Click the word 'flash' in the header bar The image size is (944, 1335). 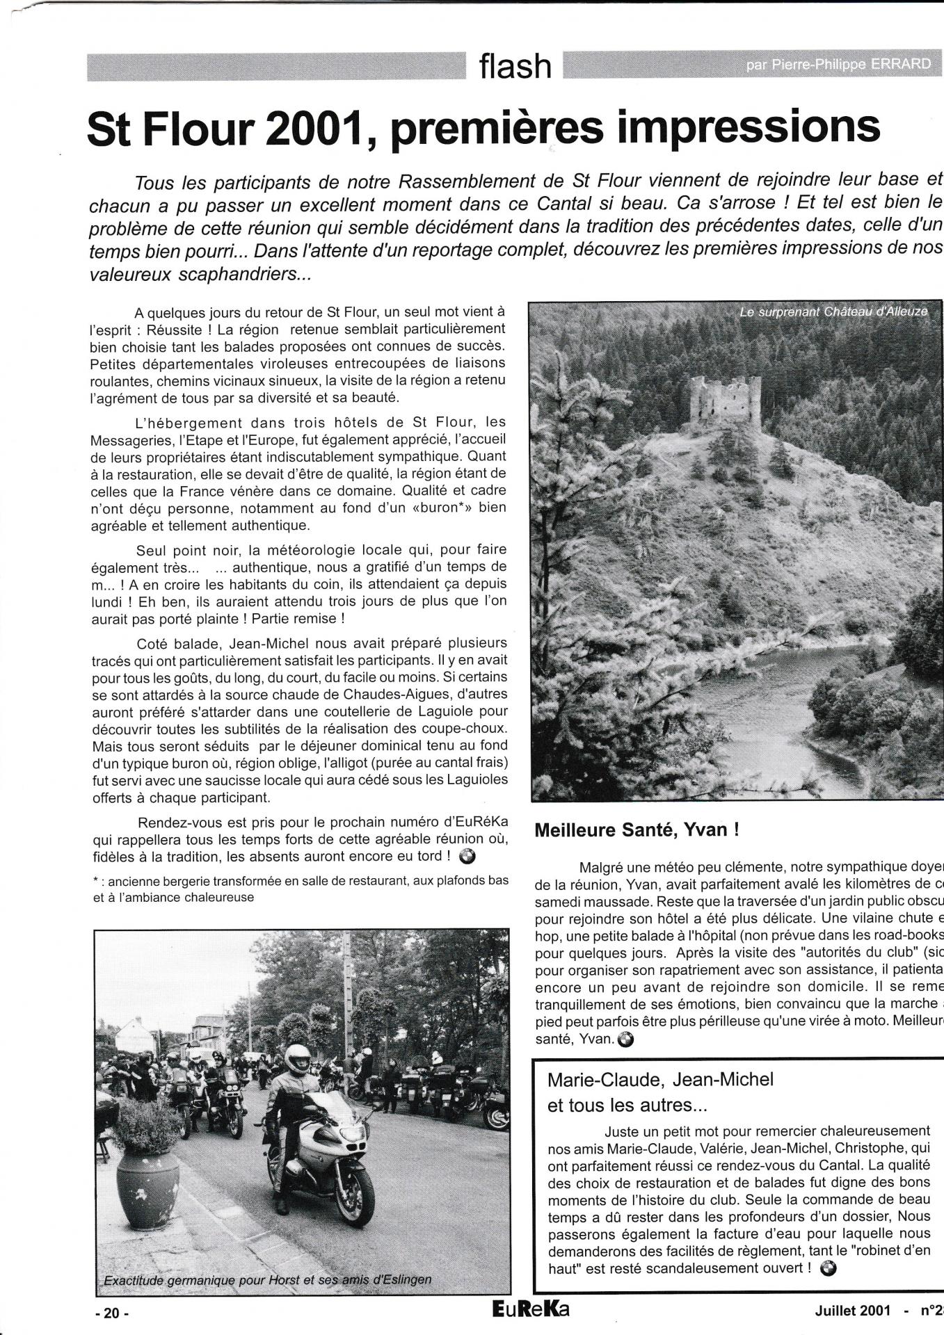point(515,67)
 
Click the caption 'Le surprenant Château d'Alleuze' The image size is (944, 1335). point(833,312)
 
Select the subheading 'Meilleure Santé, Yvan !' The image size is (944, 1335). point(636,830)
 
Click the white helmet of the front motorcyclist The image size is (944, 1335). point(298,1058)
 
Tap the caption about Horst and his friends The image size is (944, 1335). point(267,1279)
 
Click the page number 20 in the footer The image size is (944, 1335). point(111,1313)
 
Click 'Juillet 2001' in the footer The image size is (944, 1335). point(853,1311)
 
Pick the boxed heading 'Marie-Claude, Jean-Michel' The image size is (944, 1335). point(660,1080)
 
